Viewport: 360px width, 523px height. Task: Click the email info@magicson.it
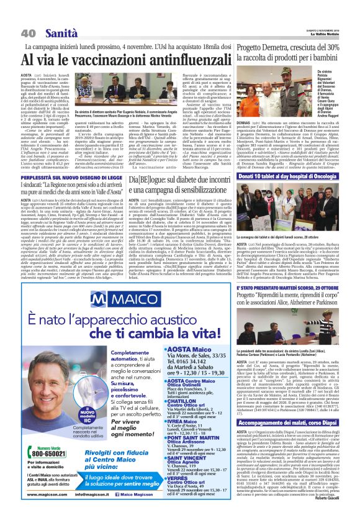(101, 510)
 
